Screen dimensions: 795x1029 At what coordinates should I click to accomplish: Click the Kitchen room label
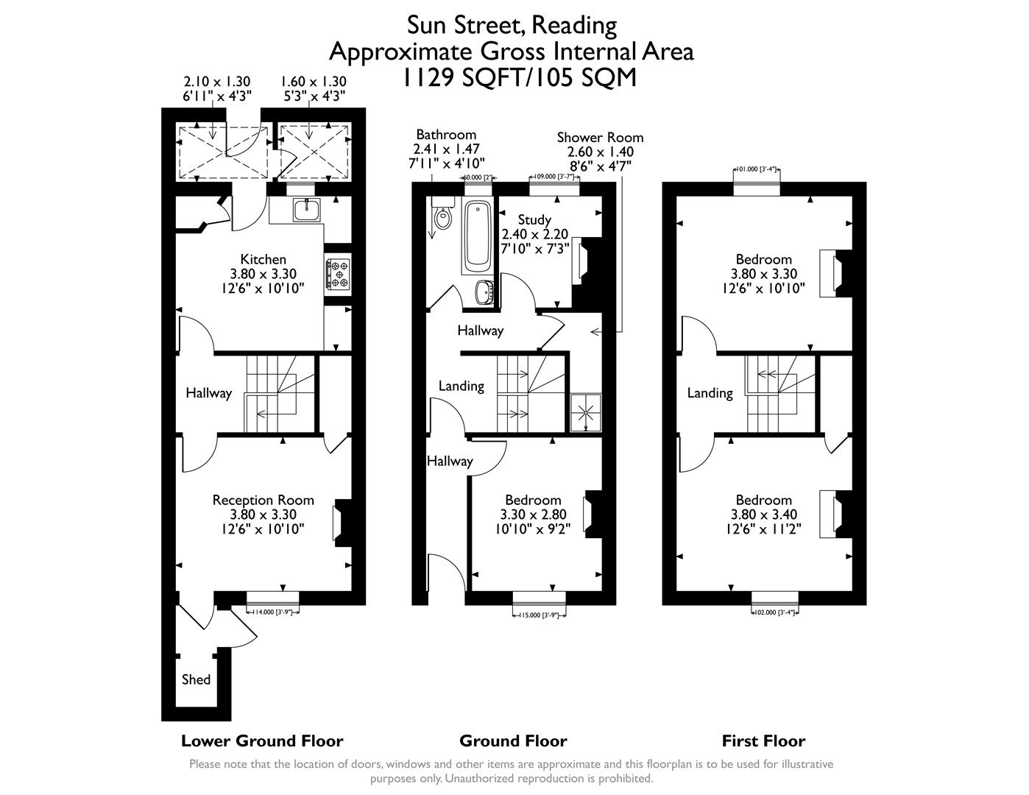click(263, 259)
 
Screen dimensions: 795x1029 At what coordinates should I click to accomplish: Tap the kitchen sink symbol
click(305, 210)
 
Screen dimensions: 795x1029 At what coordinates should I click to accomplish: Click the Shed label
click(196, 679)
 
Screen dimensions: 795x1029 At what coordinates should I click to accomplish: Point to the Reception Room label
click(263, 500)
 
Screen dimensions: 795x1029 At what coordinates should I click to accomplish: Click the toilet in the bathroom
click(443, 217)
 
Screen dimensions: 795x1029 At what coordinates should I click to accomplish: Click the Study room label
click(534, 219)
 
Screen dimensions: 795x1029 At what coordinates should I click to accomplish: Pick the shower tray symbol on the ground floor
click(587, 411)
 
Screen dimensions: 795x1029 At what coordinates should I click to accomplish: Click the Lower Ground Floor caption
click(262, 741)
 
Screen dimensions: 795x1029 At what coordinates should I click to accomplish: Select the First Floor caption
click(763, 741)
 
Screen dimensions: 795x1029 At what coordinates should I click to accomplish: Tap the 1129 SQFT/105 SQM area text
click(518, 77)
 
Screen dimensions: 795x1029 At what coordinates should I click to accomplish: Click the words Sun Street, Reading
click(512, 25)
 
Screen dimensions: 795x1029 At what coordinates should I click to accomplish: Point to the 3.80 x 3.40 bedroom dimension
click(763, 515)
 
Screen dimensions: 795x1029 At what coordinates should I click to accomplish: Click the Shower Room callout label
click(600, 138)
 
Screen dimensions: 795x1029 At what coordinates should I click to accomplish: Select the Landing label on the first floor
click(710, 393)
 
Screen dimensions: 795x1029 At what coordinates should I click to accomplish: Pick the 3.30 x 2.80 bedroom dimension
click(534, 515)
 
